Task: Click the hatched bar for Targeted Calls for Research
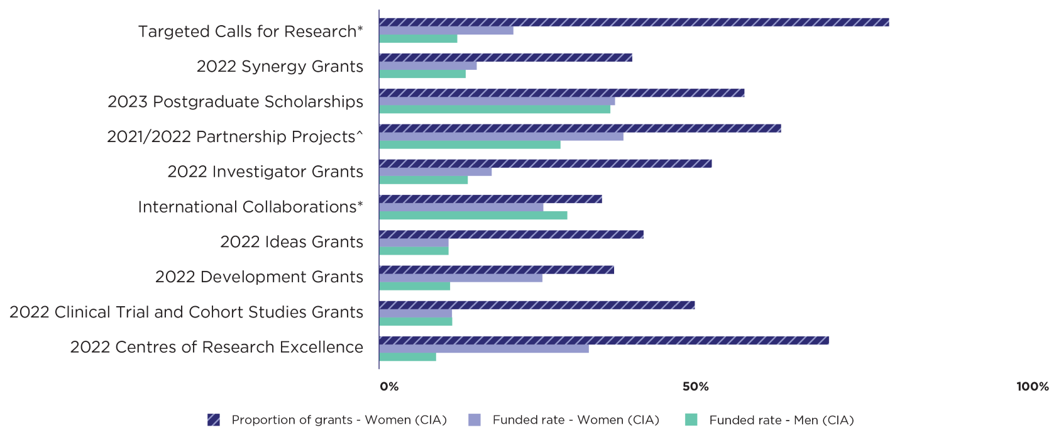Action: [x=634, y=23]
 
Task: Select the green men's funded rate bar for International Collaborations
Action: [x=473, y=216]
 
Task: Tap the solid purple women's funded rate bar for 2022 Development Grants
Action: [x=461, y=278]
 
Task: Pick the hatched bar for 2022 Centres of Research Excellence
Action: [x=604, y=341]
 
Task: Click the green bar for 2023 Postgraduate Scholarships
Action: [x=495, y=109]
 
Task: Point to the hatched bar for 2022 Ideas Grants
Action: [x=511, y=235]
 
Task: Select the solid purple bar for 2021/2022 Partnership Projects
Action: [x=501, y=136]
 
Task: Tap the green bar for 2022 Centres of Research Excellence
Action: [x=408, y=357]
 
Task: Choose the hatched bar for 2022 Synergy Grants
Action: [x=505, y=58]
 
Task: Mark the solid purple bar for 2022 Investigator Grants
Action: [x=436, y=172]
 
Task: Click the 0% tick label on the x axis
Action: [x=389, y=387]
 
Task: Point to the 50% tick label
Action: [x=695, y=387]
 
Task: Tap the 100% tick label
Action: [x=1032, y=387]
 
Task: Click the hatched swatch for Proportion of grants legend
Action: [x=214, y=420]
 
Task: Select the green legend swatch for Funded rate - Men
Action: [x=691, y=420]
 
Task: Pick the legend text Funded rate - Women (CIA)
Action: [x=576, y=420]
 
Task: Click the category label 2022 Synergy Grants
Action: [x=280, y=67]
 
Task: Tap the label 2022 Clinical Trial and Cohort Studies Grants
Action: [x=186, y=312]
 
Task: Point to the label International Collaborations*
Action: [x=250, y=207]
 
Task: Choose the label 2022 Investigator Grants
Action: [x=265, y=172]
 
